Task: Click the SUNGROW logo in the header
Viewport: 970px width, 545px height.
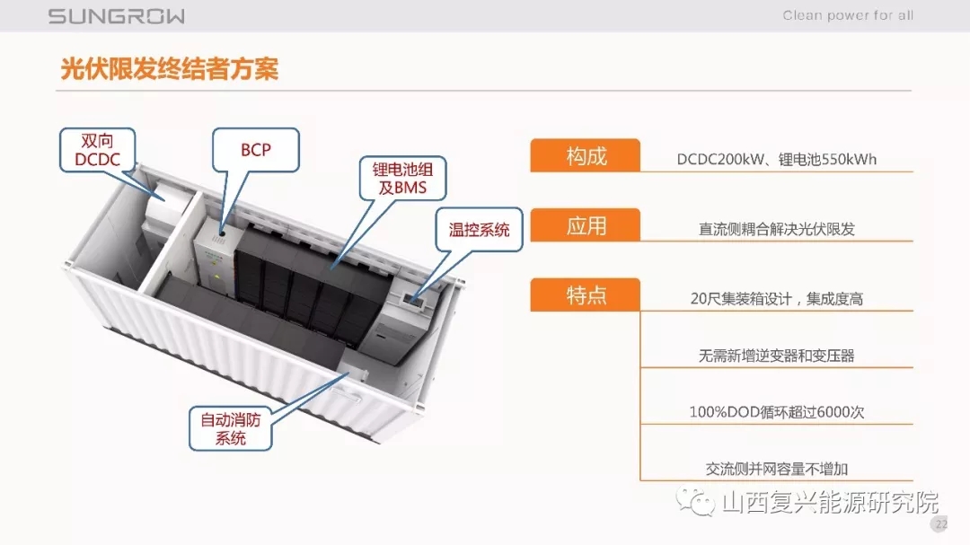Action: [x=116, y=16]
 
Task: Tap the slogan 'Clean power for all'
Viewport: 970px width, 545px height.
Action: [x=848, y=15]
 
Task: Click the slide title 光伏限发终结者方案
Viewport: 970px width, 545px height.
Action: [x=170, y=68]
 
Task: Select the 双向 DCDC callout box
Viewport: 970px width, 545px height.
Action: [x=97, y=150]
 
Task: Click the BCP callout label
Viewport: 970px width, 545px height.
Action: [x=255, y=150]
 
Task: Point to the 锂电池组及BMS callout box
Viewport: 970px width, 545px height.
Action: [x=402, y=178]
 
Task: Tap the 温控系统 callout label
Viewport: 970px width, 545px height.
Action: [x=479, y=230]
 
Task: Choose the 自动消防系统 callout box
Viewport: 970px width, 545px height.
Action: [x=230, y=428]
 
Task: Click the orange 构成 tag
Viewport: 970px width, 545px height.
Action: [x=586, y=155]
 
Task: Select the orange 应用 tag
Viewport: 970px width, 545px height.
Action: [x=586, y=225]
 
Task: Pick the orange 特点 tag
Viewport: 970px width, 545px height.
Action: [x=586, y=294]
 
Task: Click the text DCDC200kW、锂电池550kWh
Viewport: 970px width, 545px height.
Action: [x=776, y=159]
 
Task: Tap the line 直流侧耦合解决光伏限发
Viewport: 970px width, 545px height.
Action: [x=776, y=229]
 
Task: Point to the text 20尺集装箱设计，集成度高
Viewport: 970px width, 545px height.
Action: [x=776, y=299]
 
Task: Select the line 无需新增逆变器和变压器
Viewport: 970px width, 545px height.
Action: [x=776, y=356]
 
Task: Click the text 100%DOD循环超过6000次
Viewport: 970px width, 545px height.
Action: [x=776, y=412]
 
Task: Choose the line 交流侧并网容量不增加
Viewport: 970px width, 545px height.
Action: [x=776, y=469]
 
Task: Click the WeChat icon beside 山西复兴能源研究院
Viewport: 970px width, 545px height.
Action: [x=695, y=501]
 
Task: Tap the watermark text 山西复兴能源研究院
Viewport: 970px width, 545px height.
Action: [x=830, y=502]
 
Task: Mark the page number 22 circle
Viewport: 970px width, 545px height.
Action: [x=940, y=523]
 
